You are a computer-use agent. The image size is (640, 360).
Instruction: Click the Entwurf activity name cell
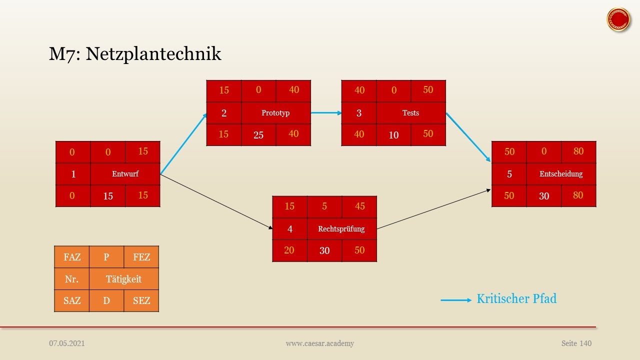tap(125, 174)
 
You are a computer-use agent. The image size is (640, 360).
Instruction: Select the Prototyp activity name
tap(275, 113)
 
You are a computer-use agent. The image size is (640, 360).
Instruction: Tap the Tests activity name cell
tap(411, 113)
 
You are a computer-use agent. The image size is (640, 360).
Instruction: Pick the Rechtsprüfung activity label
tap(341, 229)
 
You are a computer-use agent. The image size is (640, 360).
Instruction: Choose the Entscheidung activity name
tap(561, 174)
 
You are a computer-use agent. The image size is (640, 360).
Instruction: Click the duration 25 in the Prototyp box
tap(258, 135)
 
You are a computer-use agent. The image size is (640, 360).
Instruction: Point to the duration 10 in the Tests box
tap(393, 135)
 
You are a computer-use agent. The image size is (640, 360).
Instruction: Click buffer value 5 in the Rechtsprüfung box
tap(324, 206)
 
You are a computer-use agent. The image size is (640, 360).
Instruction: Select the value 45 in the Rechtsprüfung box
tap(359, 206)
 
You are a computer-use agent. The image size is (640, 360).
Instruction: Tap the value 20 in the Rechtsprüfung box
tap(289, 250)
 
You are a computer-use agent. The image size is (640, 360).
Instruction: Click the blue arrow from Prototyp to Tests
tap(326, 113)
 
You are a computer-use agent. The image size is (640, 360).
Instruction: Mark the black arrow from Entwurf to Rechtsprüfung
tap(216, 201)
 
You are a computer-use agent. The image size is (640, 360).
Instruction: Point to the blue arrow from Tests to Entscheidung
tap(468, 137)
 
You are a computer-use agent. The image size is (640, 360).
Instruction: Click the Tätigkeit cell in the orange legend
tap(123, 279)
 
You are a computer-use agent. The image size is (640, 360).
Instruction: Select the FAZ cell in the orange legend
tap(72, 257)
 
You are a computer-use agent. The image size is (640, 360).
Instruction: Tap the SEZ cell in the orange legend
tap(141, 301)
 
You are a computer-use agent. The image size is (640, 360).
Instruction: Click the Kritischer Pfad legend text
tap(516, 299)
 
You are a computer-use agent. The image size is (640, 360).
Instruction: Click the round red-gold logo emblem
tap(618, 19)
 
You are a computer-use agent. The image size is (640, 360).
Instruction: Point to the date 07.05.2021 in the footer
tap(67, 343)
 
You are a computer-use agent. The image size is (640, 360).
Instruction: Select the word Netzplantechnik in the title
tap(153, 54)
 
